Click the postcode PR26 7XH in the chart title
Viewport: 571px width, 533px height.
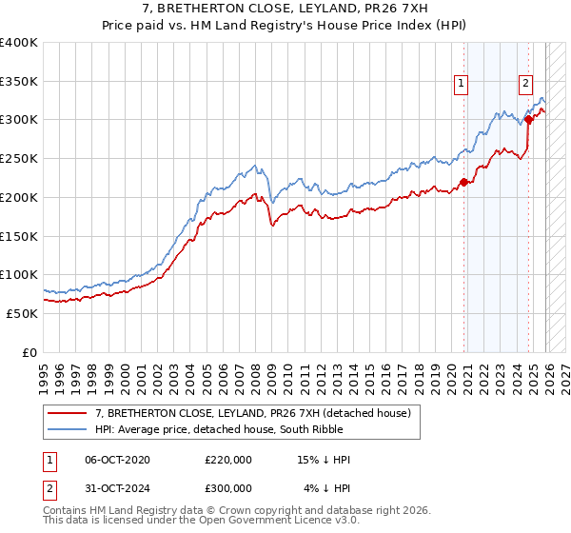pos(398,10)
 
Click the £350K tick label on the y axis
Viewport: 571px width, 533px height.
pos(19,81)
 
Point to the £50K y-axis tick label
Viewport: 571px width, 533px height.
pos(22,313)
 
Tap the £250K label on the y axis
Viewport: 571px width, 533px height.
pos(19,159)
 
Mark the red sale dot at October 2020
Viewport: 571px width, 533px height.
pos(463,182)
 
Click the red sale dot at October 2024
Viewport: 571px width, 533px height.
pos(528,120)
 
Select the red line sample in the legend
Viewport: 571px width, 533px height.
pos(67,413)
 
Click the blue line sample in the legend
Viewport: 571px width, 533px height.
pos(67,429)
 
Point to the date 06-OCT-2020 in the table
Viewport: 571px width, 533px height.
pos(117,460)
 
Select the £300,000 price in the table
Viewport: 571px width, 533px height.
pos(228,487)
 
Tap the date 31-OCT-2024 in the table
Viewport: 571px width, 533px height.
pos(117,487)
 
